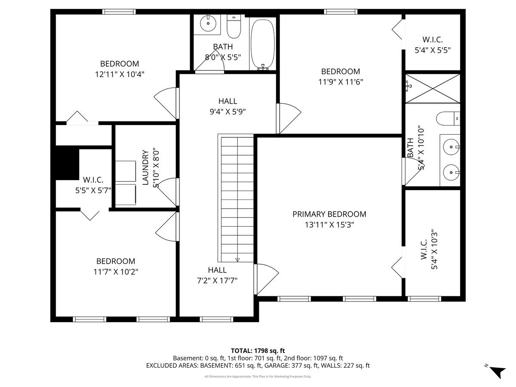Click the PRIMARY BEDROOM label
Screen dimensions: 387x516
pos(329,214)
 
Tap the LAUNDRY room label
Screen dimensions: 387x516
pos(145,167)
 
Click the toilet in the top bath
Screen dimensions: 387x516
pos(234,27)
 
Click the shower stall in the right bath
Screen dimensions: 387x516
pos(433,89)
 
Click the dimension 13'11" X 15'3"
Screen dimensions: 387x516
pos(329,224)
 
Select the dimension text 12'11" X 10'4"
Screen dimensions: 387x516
pos(120,74)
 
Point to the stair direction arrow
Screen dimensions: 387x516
pos(237,259)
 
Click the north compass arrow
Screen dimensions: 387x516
pos(498,372)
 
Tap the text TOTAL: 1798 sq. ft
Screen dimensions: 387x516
pos(258,351)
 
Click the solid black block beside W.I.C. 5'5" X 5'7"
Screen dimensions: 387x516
pos(67,163)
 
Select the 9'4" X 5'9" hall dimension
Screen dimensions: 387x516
pos(227,111)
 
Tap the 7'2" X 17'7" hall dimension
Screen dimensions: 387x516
pos(217,280)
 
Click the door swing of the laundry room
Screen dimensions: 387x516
pos(168,190)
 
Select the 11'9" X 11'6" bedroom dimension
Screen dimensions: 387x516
pos(341,82)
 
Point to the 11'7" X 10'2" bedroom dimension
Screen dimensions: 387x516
pos(115,271)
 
